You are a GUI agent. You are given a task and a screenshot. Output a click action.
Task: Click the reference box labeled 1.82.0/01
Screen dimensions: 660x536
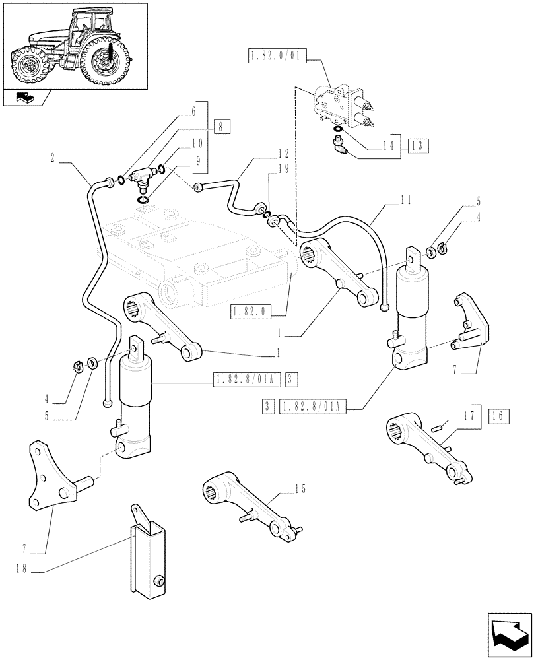(275, 57)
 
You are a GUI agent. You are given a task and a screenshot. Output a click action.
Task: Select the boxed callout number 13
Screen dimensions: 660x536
(419, 145)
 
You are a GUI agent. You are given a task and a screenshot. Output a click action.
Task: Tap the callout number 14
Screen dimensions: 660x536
(391, 146)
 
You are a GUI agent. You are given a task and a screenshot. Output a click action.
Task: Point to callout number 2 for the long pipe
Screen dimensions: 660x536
(53, 158)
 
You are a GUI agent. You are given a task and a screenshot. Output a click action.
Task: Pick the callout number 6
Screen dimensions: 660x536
(193, 112)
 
